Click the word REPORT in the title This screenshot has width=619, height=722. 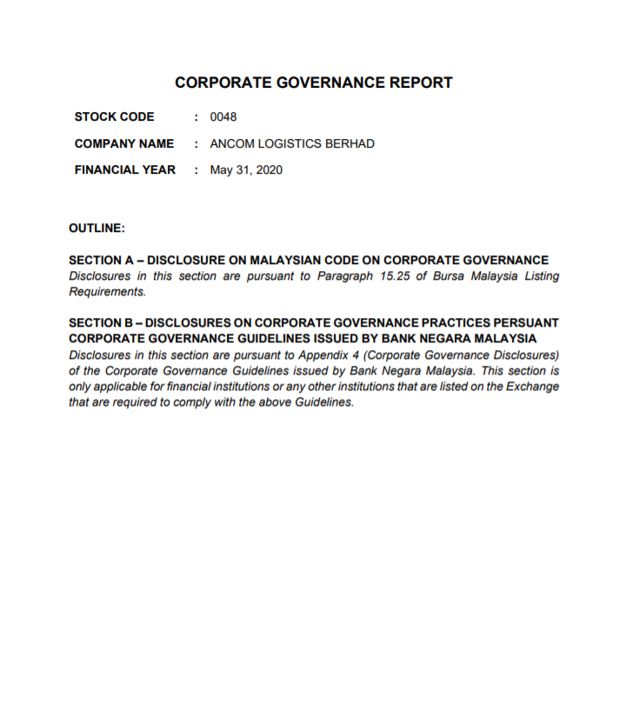[x=414, y=83]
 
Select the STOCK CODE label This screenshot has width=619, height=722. [x=114, y=117]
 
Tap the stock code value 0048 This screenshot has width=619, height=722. [x=223, y=117]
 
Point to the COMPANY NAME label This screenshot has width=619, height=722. [x=123, y=143]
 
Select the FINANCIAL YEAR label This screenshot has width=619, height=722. [x=124, y=170]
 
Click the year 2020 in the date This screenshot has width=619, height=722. [x=269, y=170]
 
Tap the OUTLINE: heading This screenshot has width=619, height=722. [x=97, y=229]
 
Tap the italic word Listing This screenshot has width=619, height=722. [x=538, y=276]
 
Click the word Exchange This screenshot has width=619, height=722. [x=532, y=387]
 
